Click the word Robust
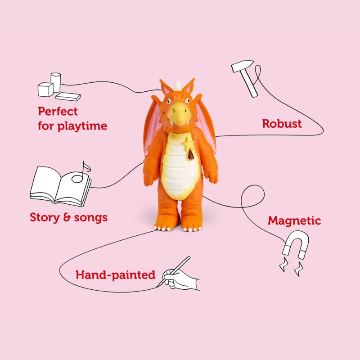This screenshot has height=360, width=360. [282, 124]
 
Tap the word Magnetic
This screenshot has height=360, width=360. [294, 220]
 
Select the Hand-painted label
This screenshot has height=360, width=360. [116, 275]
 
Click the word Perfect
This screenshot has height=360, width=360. [58, 111]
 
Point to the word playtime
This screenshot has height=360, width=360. [82, 126]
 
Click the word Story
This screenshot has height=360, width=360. [45, 218]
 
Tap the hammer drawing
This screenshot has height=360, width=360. [245, 78]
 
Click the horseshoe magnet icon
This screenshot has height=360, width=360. [296, 244]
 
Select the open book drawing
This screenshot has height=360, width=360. [60, 186]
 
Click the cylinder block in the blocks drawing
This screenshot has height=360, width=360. [56, 82]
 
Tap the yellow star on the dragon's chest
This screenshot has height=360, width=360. [188, 144]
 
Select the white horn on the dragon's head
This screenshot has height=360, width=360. [178, 85]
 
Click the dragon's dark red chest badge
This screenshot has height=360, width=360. [191, 155]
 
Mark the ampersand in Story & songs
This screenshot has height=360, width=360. [67, 217]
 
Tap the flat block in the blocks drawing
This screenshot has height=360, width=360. [68, 97]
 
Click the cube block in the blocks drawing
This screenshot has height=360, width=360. [45, 90]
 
